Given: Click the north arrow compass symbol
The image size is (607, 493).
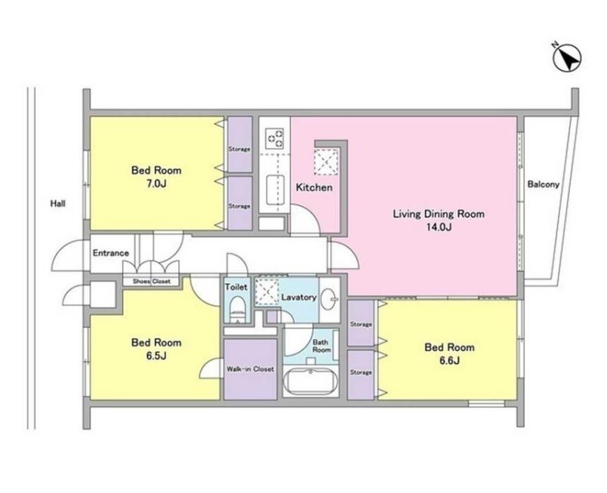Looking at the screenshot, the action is [567, 57].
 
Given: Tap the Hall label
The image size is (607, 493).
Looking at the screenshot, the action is [57, 204].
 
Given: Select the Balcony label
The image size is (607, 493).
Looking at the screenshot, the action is [544, 184].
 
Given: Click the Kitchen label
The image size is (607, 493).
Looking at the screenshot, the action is [314, 188].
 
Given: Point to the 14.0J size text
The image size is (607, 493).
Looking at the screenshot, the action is [439, 227].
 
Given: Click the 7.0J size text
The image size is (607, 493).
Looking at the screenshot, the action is [156, 183].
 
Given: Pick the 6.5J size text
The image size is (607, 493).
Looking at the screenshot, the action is [156, 356].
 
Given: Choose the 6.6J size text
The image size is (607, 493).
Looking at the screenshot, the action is [449, 361].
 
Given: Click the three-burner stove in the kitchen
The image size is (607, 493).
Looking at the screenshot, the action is [274, 138].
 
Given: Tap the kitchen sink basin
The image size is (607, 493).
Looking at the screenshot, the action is [276, 189].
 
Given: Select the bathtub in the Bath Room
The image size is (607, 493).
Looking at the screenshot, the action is [310, 381].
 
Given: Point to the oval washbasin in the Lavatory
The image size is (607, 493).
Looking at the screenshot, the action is [329, 299].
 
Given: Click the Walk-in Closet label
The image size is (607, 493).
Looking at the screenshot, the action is [250, 369].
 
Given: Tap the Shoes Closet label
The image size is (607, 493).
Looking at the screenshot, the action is [151, 282].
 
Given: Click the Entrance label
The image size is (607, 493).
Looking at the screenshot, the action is [111, 253].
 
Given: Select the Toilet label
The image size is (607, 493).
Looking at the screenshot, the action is [236, 287].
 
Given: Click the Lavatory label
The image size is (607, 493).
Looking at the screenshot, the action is [299, 297].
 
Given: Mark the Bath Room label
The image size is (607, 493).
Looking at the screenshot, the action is [322, 346].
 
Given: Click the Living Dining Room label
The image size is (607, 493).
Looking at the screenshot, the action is [439, 214].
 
